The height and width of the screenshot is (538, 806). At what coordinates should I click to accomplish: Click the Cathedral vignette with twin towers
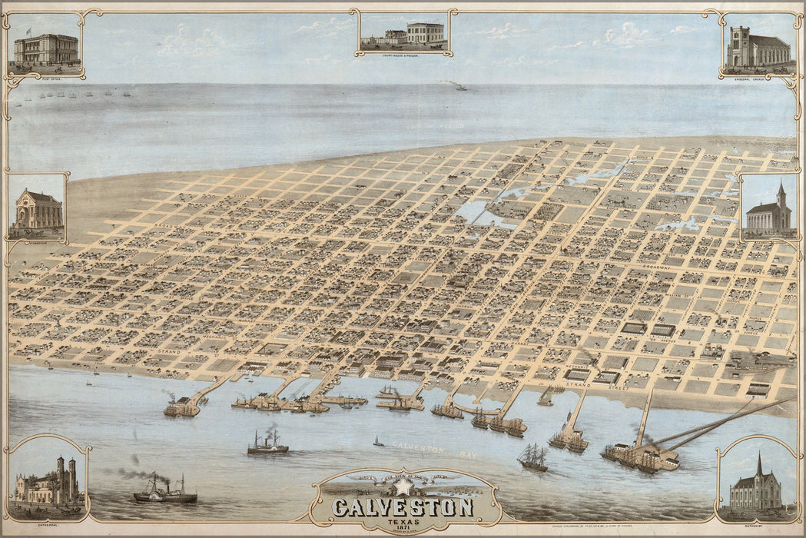pyautogui.click(x=48, y=483)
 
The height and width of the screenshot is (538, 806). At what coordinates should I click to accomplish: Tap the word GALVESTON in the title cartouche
pyautogui.click(x=403, y=507)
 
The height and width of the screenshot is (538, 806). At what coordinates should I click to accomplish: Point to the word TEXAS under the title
pyautogui.click(x=403, y=522)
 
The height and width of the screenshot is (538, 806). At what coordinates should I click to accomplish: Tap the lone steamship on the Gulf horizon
pyautogui.click(x=460, y=87)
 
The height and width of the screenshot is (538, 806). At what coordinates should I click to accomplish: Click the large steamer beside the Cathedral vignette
pyautogui.click(x=164, y=492)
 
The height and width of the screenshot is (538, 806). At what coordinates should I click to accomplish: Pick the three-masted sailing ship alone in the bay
pyautogui.click(x=532, y=458)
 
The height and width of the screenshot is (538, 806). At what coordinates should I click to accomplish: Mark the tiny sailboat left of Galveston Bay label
pyautogui.click(x=378, y=442)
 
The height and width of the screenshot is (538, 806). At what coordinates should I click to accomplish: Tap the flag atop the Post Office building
pyautogui.click(x=29, y=31)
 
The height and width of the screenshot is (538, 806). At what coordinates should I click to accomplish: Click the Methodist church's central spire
pyautogui.click(x=759, y=466)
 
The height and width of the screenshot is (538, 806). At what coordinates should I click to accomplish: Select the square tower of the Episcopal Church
pyautogui.click(x=739, y=46)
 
